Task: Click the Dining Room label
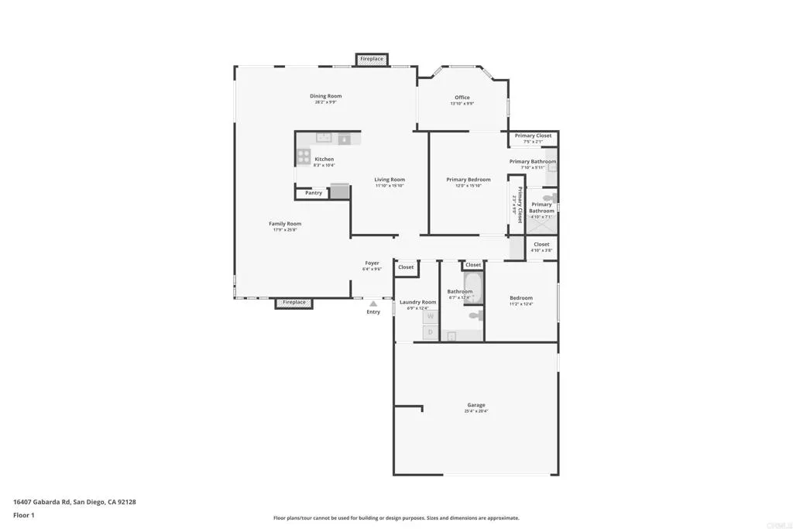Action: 328,96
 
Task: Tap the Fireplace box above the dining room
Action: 372,59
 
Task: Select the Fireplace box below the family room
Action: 294,303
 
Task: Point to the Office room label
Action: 462,98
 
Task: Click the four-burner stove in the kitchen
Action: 303,156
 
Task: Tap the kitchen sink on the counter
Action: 324,139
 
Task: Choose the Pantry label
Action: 314,193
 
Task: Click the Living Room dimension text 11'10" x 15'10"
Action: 390,186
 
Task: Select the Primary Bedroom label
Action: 469,180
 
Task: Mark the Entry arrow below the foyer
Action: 373,304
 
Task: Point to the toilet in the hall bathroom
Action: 475,315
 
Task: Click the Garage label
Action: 476,405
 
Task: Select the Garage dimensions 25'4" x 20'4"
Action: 476,411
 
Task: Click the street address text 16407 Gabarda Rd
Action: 43,502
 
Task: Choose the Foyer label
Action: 372,263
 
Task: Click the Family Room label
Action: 285,224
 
